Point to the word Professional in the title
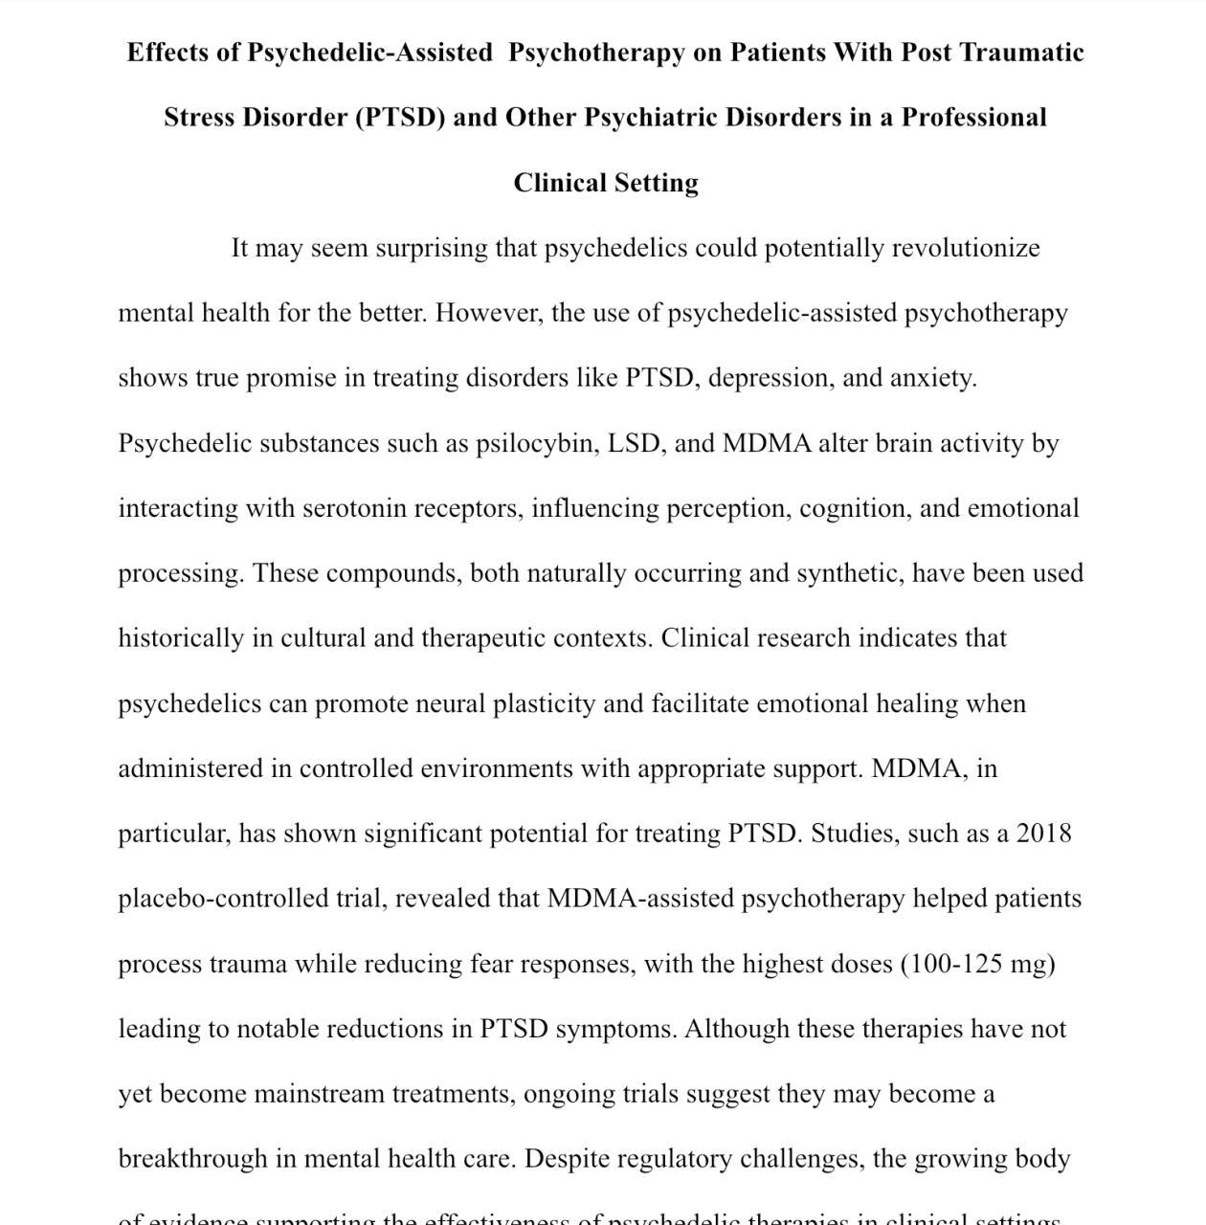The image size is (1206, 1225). (x=974, y=118)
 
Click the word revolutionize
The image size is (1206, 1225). (x=966, y=249)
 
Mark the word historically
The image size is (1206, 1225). (x=181, y=639)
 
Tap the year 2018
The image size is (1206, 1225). (x=1043, y=835)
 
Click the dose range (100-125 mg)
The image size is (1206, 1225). (x=977, y=965)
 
